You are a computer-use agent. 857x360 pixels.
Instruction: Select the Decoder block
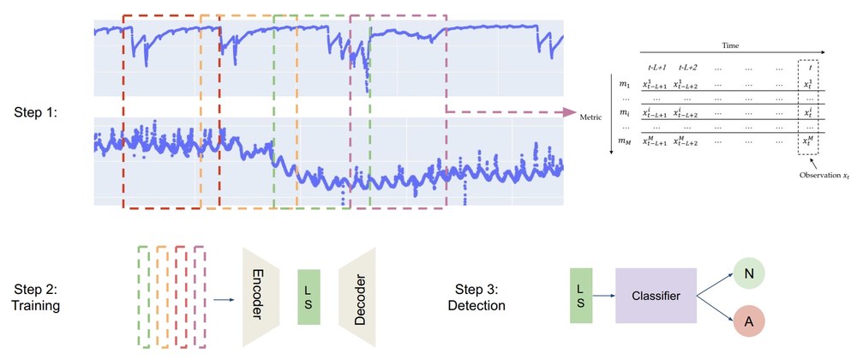pos(357,297)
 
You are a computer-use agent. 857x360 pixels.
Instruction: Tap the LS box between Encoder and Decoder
pos(309,297)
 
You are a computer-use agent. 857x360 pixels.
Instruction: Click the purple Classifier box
pos(656,297)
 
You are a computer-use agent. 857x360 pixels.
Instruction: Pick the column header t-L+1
pos(658,67)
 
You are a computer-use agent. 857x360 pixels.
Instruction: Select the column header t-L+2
pos(691,67)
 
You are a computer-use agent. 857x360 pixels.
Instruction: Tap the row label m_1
pos(624,83)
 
